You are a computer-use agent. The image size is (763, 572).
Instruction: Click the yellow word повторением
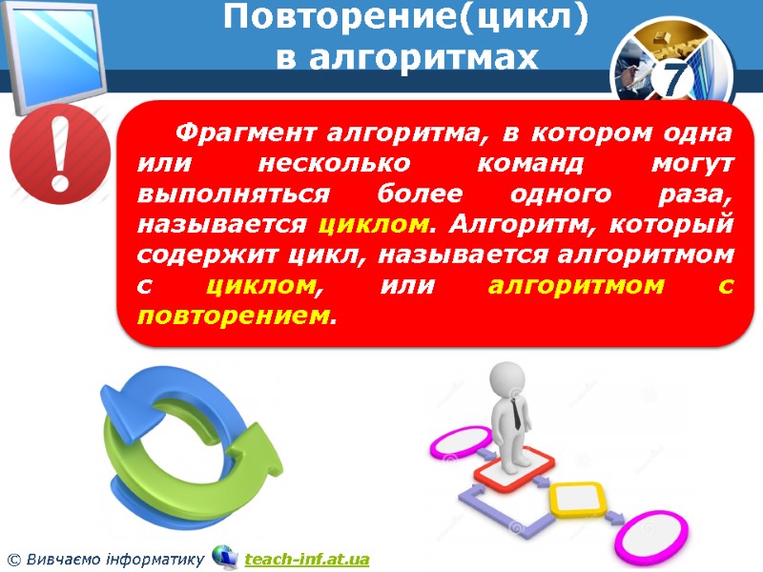[236, 315]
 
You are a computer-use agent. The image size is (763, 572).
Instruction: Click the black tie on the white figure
[515, 412]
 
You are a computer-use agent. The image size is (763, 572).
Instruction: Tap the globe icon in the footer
[225, 556]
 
